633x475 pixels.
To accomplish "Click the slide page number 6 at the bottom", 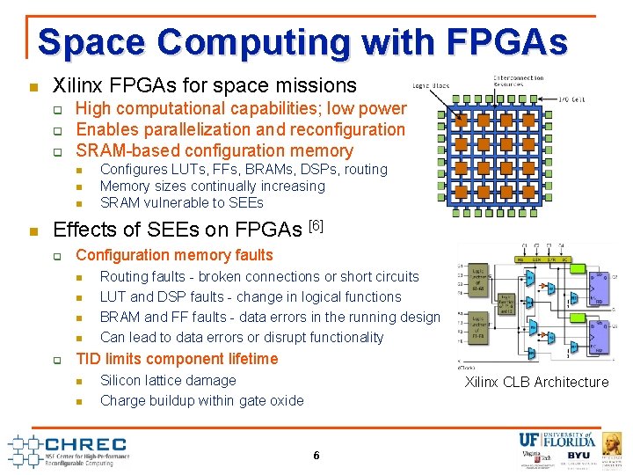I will tap(316, 455).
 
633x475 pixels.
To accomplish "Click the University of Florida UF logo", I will tap(530, 440).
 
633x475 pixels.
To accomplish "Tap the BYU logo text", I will tap(578, 457).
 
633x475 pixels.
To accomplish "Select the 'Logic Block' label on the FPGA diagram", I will tap(431, 86).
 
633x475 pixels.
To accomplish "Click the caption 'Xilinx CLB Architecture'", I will tap(536, 382).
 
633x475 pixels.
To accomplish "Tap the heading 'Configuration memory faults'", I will tap(175, 255).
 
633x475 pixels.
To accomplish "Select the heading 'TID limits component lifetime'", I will tap(177, 359).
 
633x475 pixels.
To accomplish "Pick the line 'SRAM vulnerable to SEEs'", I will tap(181, 202).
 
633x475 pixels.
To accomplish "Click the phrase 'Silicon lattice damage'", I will tap(168, 380).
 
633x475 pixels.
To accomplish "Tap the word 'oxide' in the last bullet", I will tap(286, 400).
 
